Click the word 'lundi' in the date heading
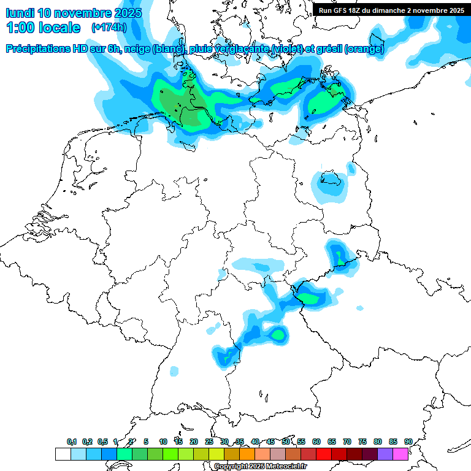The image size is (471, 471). pyautogui.click(x=20, y=13)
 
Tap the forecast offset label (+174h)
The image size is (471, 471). pyautogui.click(x=109, y=28)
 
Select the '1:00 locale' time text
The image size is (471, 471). pyautogui.click(x=43, y=28)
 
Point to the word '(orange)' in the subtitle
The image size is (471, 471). pyautogui.click(x=365, y=49)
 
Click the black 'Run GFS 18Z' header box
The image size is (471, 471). pyautogui.click(x=391, y=10)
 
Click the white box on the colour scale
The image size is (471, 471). pyautogui.click(x=63, y=454)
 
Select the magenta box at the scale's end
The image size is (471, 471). pyautogui.click(x=400, y=454)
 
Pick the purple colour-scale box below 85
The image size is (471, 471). pyautogui.click(x=385, y=454)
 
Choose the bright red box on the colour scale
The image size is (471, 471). pyautogui.click(x=324, y=454)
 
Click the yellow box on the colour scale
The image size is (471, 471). pyautogui.click(x=216, y=454)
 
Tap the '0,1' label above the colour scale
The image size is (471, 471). pyautogui.click(x=72, y=442)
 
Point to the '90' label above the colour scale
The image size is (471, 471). pyautogui.click(x=408, y=442)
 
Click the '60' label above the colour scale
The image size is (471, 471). pyautogui.click(x=316, y=442)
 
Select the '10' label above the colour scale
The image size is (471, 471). pyautogui.click(x=163, y=442)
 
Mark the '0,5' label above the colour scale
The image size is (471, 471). pyautogui.click(x=102, y=442)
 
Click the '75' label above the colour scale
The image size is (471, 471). pyautogui.click(x=362, y=442)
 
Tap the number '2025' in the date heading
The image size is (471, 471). pyautogui.click(x=125, y=13)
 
